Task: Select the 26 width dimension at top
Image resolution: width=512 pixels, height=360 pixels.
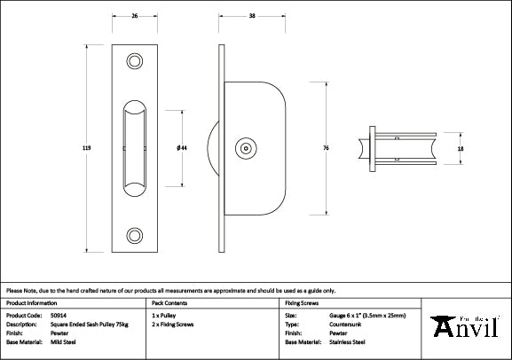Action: click(x=135, y=16)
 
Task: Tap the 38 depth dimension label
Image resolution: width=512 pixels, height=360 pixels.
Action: click(x=252, y=16)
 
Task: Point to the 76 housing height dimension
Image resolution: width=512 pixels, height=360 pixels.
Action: click(x=327, y=147)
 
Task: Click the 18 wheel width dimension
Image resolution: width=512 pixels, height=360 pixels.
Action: click(x=459, y=150)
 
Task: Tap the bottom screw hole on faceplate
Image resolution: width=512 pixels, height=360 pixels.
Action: click(x=136, y=235)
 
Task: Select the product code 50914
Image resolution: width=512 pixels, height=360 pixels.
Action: click(x=59, y=315)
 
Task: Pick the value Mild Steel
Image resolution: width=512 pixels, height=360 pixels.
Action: click(x=64, y=341)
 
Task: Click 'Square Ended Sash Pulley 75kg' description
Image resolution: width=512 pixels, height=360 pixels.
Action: click(x=87, y=324)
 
